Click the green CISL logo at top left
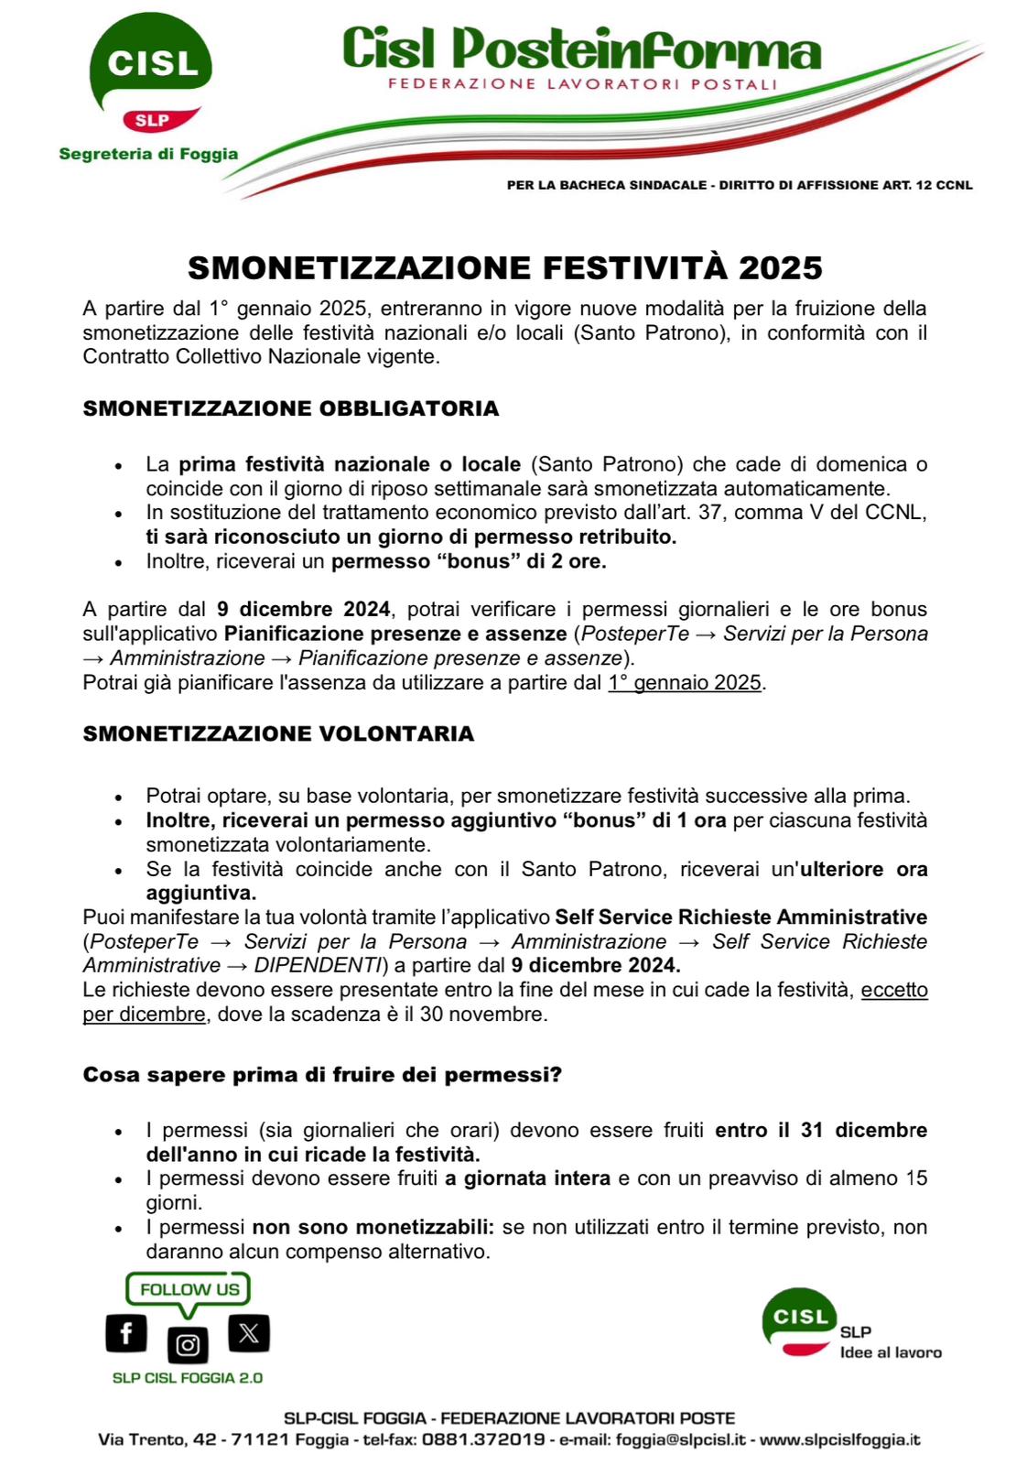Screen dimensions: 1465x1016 click(x=151, y=64)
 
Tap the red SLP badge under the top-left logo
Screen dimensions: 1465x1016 click(x=152, y=120)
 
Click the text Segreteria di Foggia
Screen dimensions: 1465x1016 click(x=148, y=154)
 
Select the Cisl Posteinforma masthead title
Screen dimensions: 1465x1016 click(x=581, y=50)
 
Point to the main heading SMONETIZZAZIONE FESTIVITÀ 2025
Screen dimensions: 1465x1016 click(x=505, y=267)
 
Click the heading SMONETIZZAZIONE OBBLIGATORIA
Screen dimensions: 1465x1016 click(x=291, y=408)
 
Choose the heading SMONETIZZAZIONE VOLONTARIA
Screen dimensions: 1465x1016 click(x=278, y=733)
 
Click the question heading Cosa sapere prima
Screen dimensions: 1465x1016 click(x=322, y=1074)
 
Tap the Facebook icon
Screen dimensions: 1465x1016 click(x=126, y=1332)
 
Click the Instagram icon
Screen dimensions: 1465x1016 click(x=188, y=1344)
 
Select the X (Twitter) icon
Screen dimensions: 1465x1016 click(x=248, y=1332)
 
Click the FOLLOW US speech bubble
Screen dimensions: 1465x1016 click(x=189, y=1289)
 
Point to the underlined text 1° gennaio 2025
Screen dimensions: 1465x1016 click(x=685, y=682)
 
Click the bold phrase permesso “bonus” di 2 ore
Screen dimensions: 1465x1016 click(x=469, y=561)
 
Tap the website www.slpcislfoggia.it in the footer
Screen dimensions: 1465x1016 click(x=840, y=1439)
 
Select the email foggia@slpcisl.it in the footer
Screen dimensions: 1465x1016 click(x=683, y=1439)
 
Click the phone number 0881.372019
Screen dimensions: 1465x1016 click(x=482, y=1439)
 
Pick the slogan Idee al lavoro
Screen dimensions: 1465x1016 click(x=891, y=1352)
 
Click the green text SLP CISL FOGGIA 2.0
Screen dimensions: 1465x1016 click(x=188, y=1378)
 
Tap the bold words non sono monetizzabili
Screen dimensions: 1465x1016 click(x=373, y=1227)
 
